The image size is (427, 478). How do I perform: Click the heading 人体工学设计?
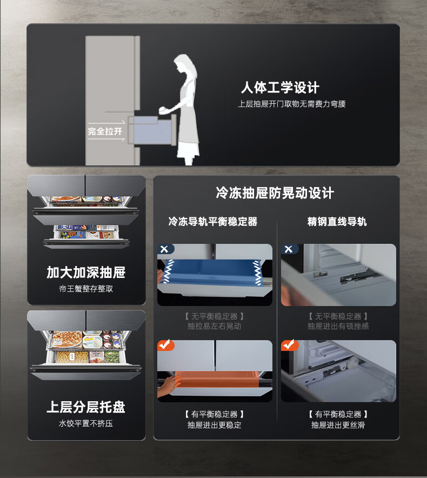click(x=280, y=88)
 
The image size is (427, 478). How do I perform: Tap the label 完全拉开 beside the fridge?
click(x=105, y=131)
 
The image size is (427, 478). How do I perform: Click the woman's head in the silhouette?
click(x=184, y=63)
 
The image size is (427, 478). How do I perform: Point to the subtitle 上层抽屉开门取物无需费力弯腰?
click(x=292, y=104)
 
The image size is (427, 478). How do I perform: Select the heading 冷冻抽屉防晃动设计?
click(x=275, y=193)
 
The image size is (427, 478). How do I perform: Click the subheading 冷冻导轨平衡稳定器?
click(x=213, y=221)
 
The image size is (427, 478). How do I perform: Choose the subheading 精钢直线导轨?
click(x=337, y=221)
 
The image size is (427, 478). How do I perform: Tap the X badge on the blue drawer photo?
click(x=164, y=249)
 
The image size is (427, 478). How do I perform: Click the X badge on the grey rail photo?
click(x=288, y=249)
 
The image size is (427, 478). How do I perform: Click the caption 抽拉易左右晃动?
click(x=214, y=326)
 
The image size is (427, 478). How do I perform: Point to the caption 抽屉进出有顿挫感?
click(x=338, y=326)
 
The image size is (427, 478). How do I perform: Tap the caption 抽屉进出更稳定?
click(x=214, y=424)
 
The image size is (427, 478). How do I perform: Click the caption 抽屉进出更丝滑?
click(x=338, y=424)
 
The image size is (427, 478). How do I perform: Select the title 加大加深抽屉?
click(x=86, y=272)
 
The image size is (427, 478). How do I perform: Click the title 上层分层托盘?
click(x=86, y=407)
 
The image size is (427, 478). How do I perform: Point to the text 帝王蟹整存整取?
click(x=86, y=289)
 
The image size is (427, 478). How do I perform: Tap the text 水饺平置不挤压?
click(x=86, y=423)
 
